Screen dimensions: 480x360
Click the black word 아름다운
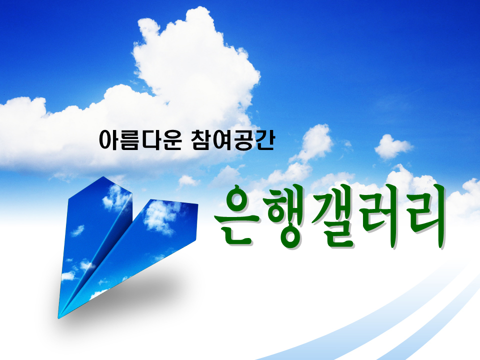[140, 140]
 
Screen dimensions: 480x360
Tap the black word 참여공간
[232, 140]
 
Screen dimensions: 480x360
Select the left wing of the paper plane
[92, 239]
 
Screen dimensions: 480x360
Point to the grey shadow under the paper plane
[128, 294]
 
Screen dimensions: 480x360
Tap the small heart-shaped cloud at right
[392, 146]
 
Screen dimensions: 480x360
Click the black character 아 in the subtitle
[109, 140]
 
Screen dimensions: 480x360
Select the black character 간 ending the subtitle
[264, 140]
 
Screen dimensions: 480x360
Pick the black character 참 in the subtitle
[201, 140]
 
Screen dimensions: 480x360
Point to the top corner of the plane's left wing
[103, 176]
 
